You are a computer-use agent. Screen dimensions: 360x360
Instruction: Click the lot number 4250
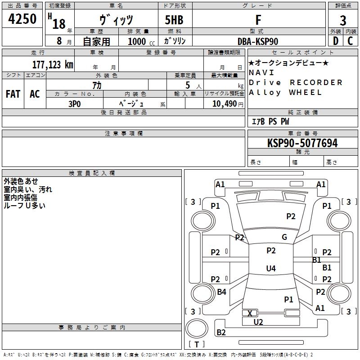pyautogui.click(x=22, y=18)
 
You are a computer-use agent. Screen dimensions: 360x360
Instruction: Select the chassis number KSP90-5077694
pyautogui.click(x=302, y=143)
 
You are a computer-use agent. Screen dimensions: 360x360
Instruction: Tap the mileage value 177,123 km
pyautogui.click(x=53, y=64)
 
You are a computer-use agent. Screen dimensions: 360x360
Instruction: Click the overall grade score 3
pyautogui.click(x=343, y=20)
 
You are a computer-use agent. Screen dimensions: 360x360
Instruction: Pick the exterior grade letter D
pyautogui.click(x=336, y=41)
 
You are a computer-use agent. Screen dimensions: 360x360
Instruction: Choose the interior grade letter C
pyautogui.click(x=350, y=41)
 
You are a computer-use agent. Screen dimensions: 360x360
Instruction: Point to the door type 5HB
pyautogui.click(x=174, y=20)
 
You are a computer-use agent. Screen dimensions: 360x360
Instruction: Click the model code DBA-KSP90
pyautogui.click(x=258, y=41)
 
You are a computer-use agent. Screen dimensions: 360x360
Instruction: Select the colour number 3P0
pyautogui.click(x=75, y=104)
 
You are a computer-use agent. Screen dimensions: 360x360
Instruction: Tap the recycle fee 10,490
pyautogui.click(x=225, y=104)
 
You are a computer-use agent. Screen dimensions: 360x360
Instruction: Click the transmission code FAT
pyautogui.click(x=13, y=94)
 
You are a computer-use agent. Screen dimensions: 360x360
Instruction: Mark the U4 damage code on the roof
pyautogui.click(x=271, y=268)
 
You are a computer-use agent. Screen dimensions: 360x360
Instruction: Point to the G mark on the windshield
pyautogui.click(x=284, y=237)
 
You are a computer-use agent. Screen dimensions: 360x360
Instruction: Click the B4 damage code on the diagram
pyautogui.click(x=221, y=292)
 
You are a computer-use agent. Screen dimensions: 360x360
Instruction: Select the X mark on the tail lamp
pyautogui.click(x=250, y=313)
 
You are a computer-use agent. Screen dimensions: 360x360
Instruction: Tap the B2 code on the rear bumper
pyautogui.click(x=221, y=332)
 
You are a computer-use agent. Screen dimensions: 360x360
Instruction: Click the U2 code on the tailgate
pyautogui.click(x=258, y=322)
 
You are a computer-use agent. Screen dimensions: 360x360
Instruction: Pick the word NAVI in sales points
pyautogui.click(x=261, y=72)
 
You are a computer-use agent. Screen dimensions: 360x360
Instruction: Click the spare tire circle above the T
pyautogui.click(x=197, y=328)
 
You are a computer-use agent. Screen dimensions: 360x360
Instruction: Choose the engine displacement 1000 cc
pyautogui.click(x=141, y=41)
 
